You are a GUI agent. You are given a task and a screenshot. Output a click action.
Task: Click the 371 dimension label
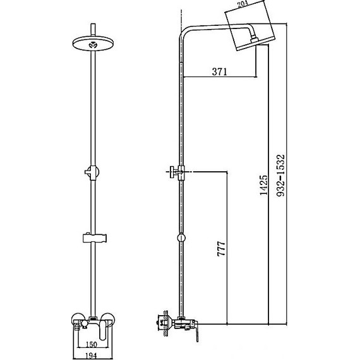click(x=220, y=71)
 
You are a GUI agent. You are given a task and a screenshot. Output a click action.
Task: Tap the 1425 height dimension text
click(x=263, y=185)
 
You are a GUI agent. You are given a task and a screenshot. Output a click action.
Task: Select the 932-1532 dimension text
click(x=280, y=176)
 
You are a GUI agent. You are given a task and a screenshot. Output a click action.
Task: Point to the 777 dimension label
click(x=221, y=249)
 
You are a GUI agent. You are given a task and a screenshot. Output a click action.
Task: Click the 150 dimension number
click(x=91, y=344)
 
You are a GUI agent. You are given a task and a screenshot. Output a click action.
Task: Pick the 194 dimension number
click(x=91, y=356)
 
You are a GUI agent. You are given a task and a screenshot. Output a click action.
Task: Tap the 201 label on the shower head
click(x=243, y=4)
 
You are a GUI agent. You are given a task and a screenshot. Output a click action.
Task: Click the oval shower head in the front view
click(x=93, y=44)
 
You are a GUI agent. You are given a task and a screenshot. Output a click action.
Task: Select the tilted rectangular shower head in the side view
click(x=250, y=25)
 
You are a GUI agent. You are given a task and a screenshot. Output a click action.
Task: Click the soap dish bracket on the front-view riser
click(x=94, y=238)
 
